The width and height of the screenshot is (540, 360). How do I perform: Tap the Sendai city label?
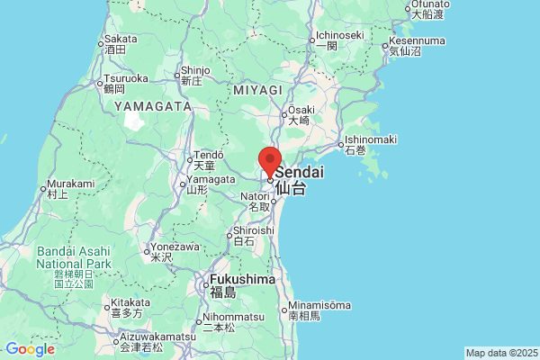pos(300,172)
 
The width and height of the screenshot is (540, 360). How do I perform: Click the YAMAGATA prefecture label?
pos(153,106)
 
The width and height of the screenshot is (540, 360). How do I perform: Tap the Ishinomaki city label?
pos(370,139)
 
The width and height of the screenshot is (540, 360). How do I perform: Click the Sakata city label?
pos(121,39)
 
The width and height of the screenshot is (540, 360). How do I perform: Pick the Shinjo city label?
pos(194,69)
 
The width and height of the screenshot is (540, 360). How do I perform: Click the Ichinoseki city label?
pos(338,36)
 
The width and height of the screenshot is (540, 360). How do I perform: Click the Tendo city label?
pos(208,155)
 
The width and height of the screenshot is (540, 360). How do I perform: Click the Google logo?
pos(29,349)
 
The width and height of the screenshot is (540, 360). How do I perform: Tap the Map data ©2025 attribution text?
pos(500,353)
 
